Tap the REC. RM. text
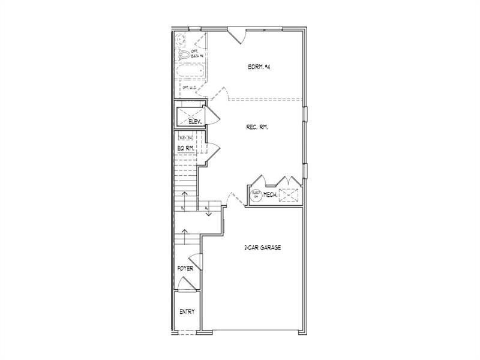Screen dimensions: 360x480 click(x=257, y=127)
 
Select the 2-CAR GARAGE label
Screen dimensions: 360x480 click(x=262, y=247)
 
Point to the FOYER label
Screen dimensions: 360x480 click(x=185, y=268)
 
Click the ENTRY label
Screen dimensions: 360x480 click(x=186, y=312)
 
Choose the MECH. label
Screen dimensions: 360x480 click(x=269, y=194)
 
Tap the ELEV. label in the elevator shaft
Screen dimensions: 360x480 click(x=194, y=121)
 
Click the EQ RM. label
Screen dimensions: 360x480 click(x=185, y=148)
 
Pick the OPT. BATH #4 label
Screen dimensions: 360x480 click(x=197, y=53)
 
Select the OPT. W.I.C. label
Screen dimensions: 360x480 click(x=191, y=88)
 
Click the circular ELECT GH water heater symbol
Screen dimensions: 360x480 click(x=256, y=194)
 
